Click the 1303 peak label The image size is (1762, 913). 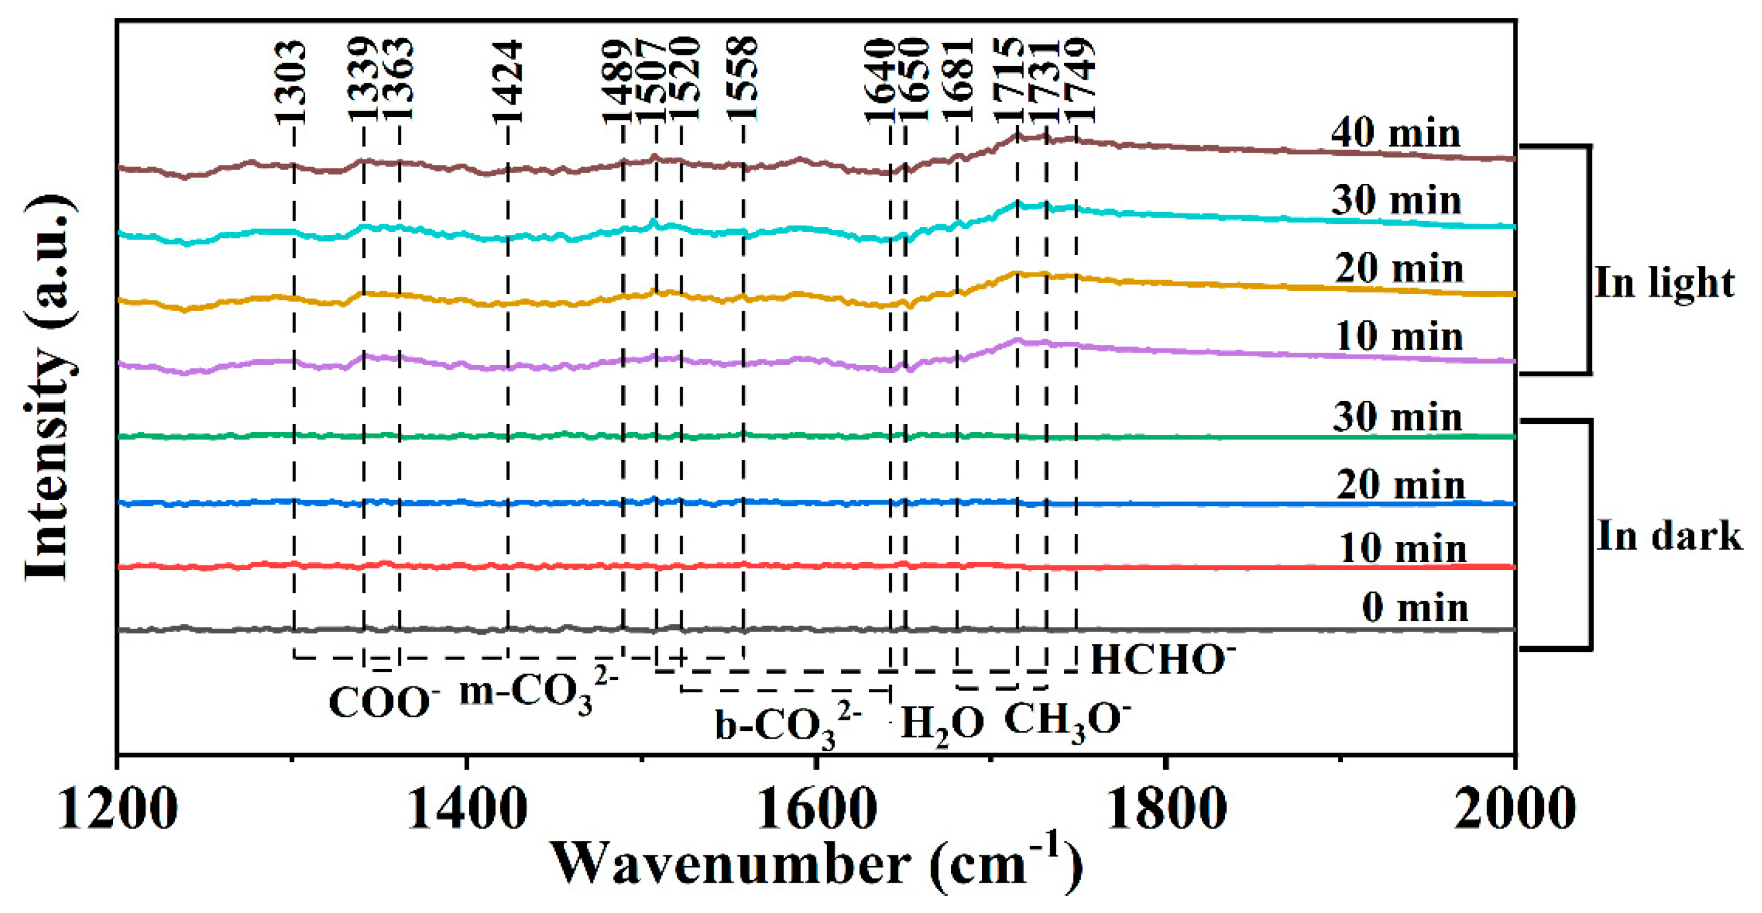291,82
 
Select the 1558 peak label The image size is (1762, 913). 743,79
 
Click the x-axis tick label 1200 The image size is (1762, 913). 118,811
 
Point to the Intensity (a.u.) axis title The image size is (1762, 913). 49,387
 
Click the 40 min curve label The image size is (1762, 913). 1395,133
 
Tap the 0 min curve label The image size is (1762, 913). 1415,607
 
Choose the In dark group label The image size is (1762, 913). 1669,536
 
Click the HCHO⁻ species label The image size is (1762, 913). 1161,661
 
